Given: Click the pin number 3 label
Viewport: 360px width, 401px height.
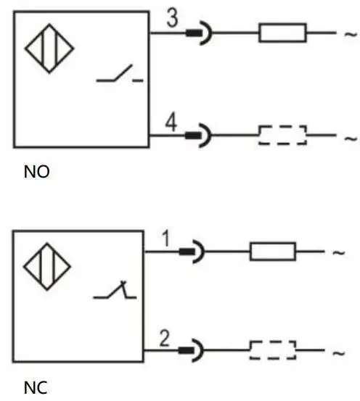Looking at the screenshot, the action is click(172, 17).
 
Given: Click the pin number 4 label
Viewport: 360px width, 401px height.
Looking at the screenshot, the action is click(171, 123).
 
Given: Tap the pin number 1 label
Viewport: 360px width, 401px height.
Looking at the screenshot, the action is click(166, 239).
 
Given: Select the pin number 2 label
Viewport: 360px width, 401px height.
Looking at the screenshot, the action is click(164, 338).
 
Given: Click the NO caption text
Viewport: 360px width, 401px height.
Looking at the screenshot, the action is click(36, 172).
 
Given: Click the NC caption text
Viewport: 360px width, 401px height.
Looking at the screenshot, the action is click(36, 388).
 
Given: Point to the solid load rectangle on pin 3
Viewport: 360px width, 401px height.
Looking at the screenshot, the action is click(282, 33).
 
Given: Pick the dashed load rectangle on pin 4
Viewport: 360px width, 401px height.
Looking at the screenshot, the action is click(282, 135).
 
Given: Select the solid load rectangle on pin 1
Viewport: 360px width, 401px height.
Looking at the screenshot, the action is click(273, 252).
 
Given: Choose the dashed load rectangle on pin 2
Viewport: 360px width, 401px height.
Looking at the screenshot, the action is click(273, 350).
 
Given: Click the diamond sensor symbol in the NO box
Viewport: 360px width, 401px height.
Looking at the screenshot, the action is click(49, 49).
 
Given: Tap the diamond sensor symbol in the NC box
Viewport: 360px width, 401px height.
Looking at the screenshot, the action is click(47, 266).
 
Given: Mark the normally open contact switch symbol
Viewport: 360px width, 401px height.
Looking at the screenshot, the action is click(120, 73).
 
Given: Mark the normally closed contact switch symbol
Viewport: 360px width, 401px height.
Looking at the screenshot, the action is click(115, 290).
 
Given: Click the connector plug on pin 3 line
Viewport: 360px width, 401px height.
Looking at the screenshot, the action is click(199, 33).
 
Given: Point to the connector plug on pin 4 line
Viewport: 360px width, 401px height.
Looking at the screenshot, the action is click(198, 136).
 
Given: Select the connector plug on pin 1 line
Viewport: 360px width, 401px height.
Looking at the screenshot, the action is click(192, 252).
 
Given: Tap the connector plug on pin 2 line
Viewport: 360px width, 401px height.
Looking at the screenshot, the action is click(192, 350).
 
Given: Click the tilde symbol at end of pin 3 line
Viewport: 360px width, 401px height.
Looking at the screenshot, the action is click(351, 34).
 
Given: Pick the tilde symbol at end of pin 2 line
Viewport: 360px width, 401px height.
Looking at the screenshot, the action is click(339, 353).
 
